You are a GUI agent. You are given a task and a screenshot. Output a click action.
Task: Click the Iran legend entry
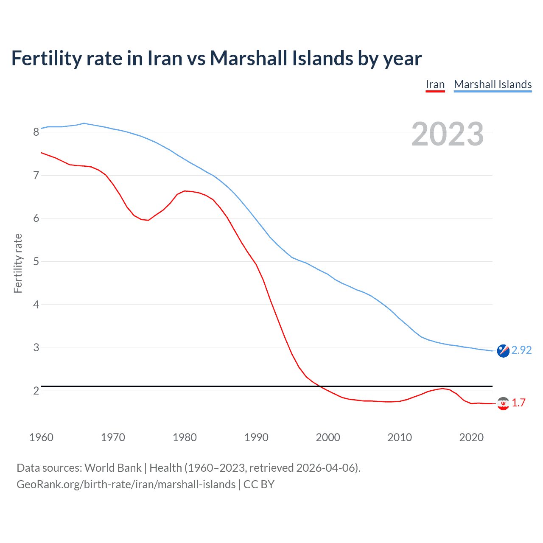(x=435, y=84)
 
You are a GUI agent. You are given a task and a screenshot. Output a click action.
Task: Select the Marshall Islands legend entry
(x=493, y=84)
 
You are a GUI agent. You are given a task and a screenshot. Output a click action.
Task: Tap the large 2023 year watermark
(x=448, y=134)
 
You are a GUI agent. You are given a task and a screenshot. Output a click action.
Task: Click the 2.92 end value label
(x=521, y=350)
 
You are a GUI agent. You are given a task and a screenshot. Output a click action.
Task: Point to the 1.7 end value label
(x=518, y=403)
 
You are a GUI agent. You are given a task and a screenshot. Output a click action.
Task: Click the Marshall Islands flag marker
(x=503, y=351)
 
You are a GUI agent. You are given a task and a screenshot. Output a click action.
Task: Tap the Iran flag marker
(x=503, y=403)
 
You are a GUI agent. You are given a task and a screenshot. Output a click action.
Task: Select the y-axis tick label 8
(x=36, y=132)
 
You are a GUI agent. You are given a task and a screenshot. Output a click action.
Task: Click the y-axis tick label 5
(x=36, y=262)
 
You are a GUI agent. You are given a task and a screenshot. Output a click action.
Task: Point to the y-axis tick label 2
(x=36, y=391)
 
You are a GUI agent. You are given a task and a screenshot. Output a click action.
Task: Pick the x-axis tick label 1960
(x=41, y=437)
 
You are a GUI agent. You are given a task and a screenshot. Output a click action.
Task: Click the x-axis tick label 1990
(x=256, y=437)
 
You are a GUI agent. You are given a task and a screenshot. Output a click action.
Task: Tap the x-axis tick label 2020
(x=471, y=437)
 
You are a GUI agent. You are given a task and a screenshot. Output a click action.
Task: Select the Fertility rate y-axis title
(x=18, y=263)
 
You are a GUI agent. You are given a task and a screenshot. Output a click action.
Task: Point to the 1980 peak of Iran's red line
(x=185, y=191)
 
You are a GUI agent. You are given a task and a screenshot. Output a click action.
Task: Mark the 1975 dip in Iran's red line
(x=148, y=220)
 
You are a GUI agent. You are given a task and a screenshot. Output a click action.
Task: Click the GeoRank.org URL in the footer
(x=126, y=484)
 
